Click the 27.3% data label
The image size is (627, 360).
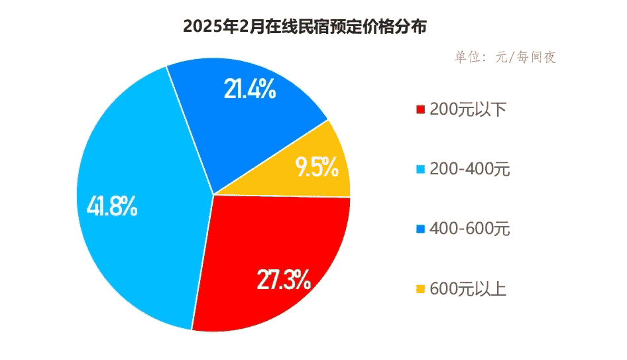284,280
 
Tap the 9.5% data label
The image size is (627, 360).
317,168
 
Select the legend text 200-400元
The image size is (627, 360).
470,170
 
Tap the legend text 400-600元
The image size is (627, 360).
470,230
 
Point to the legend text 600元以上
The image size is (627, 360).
468,290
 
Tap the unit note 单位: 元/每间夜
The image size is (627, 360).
504,57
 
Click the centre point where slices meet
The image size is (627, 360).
213,195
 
